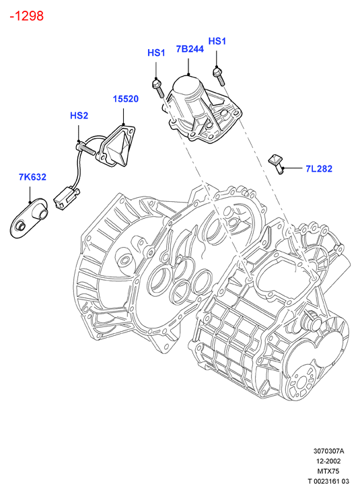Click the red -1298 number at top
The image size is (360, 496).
tap(26, 16)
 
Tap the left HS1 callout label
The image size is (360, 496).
tap(156, 52)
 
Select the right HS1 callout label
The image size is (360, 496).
tap(217, 41)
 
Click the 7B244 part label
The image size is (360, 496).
tap(190, 49)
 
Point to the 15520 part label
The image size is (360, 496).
tap(126, 99)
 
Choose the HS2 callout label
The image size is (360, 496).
tap(79, 116)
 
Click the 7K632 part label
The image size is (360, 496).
tap(32, 177)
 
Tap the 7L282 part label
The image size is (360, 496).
tap(319, 169)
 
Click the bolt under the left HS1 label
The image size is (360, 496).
tap(158, 88)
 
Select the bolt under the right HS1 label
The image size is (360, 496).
tap(219, 76)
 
